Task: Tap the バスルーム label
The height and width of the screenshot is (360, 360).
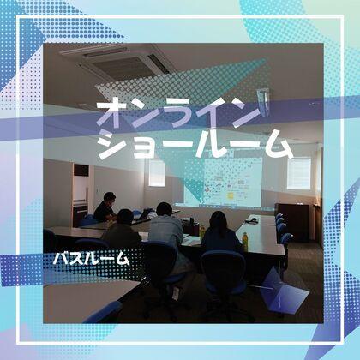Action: [x=91, y=257]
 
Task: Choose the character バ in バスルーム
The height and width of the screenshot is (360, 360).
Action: [x=62, y=257]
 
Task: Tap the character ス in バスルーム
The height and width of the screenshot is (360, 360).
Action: [x=76, y=257]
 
